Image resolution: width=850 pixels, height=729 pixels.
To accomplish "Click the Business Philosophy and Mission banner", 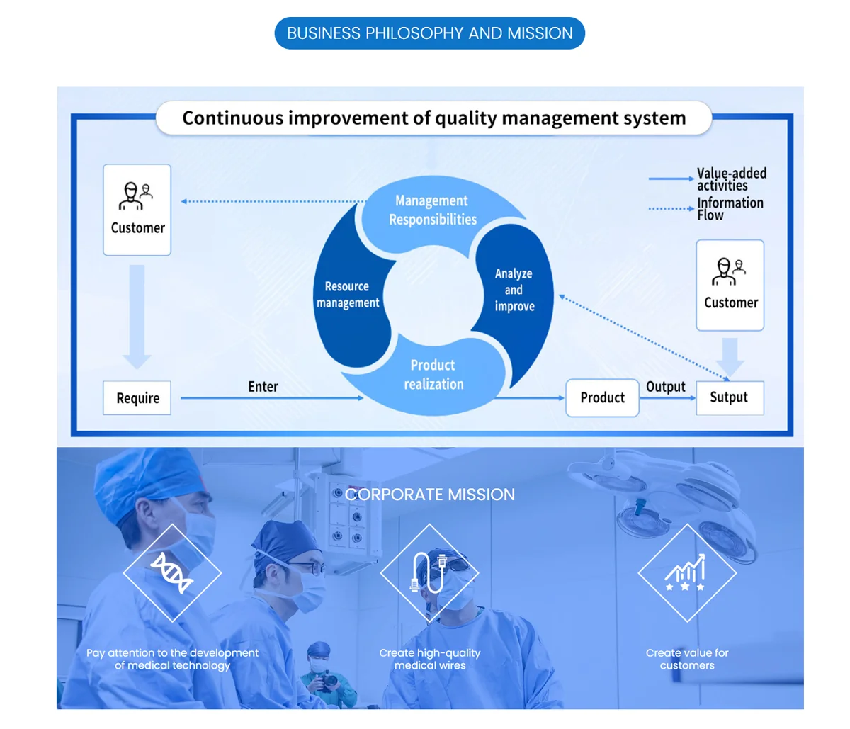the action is coord(429,33).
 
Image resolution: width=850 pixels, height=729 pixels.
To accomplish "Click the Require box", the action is coord(137,398).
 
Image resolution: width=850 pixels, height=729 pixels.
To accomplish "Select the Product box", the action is coord(602,397).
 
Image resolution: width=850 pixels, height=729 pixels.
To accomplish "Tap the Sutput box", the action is coord(729,397).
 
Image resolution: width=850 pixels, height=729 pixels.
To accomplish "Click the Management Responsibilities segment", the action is coord(432,210).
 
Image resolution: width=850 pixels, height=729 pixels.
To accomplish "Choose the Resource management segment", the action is coord(348,295).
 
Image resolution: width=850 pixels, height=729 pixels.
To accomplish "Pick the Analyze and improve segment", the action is coord(514,290).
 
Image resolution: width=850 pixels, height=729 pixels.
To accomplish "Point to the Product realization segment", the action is coord(433,375).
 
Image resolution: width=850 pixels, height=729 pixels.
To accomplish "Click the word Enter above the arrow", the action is coord(263,387).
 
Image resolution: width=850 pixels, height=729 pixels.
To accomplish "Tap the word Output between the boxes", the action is coord(666,387).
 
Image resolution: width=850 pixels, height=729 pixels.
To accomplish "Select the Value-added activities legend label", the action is coord(731,179).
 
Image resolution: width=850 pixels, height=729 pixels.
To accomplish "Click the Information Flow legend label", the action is coord(730,209).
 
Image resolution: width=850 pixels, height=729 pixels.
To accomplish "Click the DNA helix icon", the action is coord(172,572).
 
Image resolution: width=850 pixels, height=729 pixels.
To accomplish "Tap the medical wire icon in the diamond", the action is coord(429,572).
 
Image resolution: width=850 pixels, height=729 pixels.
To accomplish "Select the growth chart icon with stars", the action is coord(686,572).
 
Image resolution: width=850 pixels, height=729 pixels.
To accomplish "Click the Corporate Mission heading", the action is coord(430,495).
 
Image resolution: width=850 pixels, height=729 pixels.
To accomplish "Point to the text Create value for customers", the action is coord(686,659).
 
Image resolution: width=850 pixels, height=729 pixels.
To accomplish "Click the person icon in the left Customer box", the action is coord(136,196).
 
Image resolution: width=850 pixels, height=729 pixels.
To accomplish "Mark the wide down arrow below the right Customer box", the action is coord(730,357).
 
